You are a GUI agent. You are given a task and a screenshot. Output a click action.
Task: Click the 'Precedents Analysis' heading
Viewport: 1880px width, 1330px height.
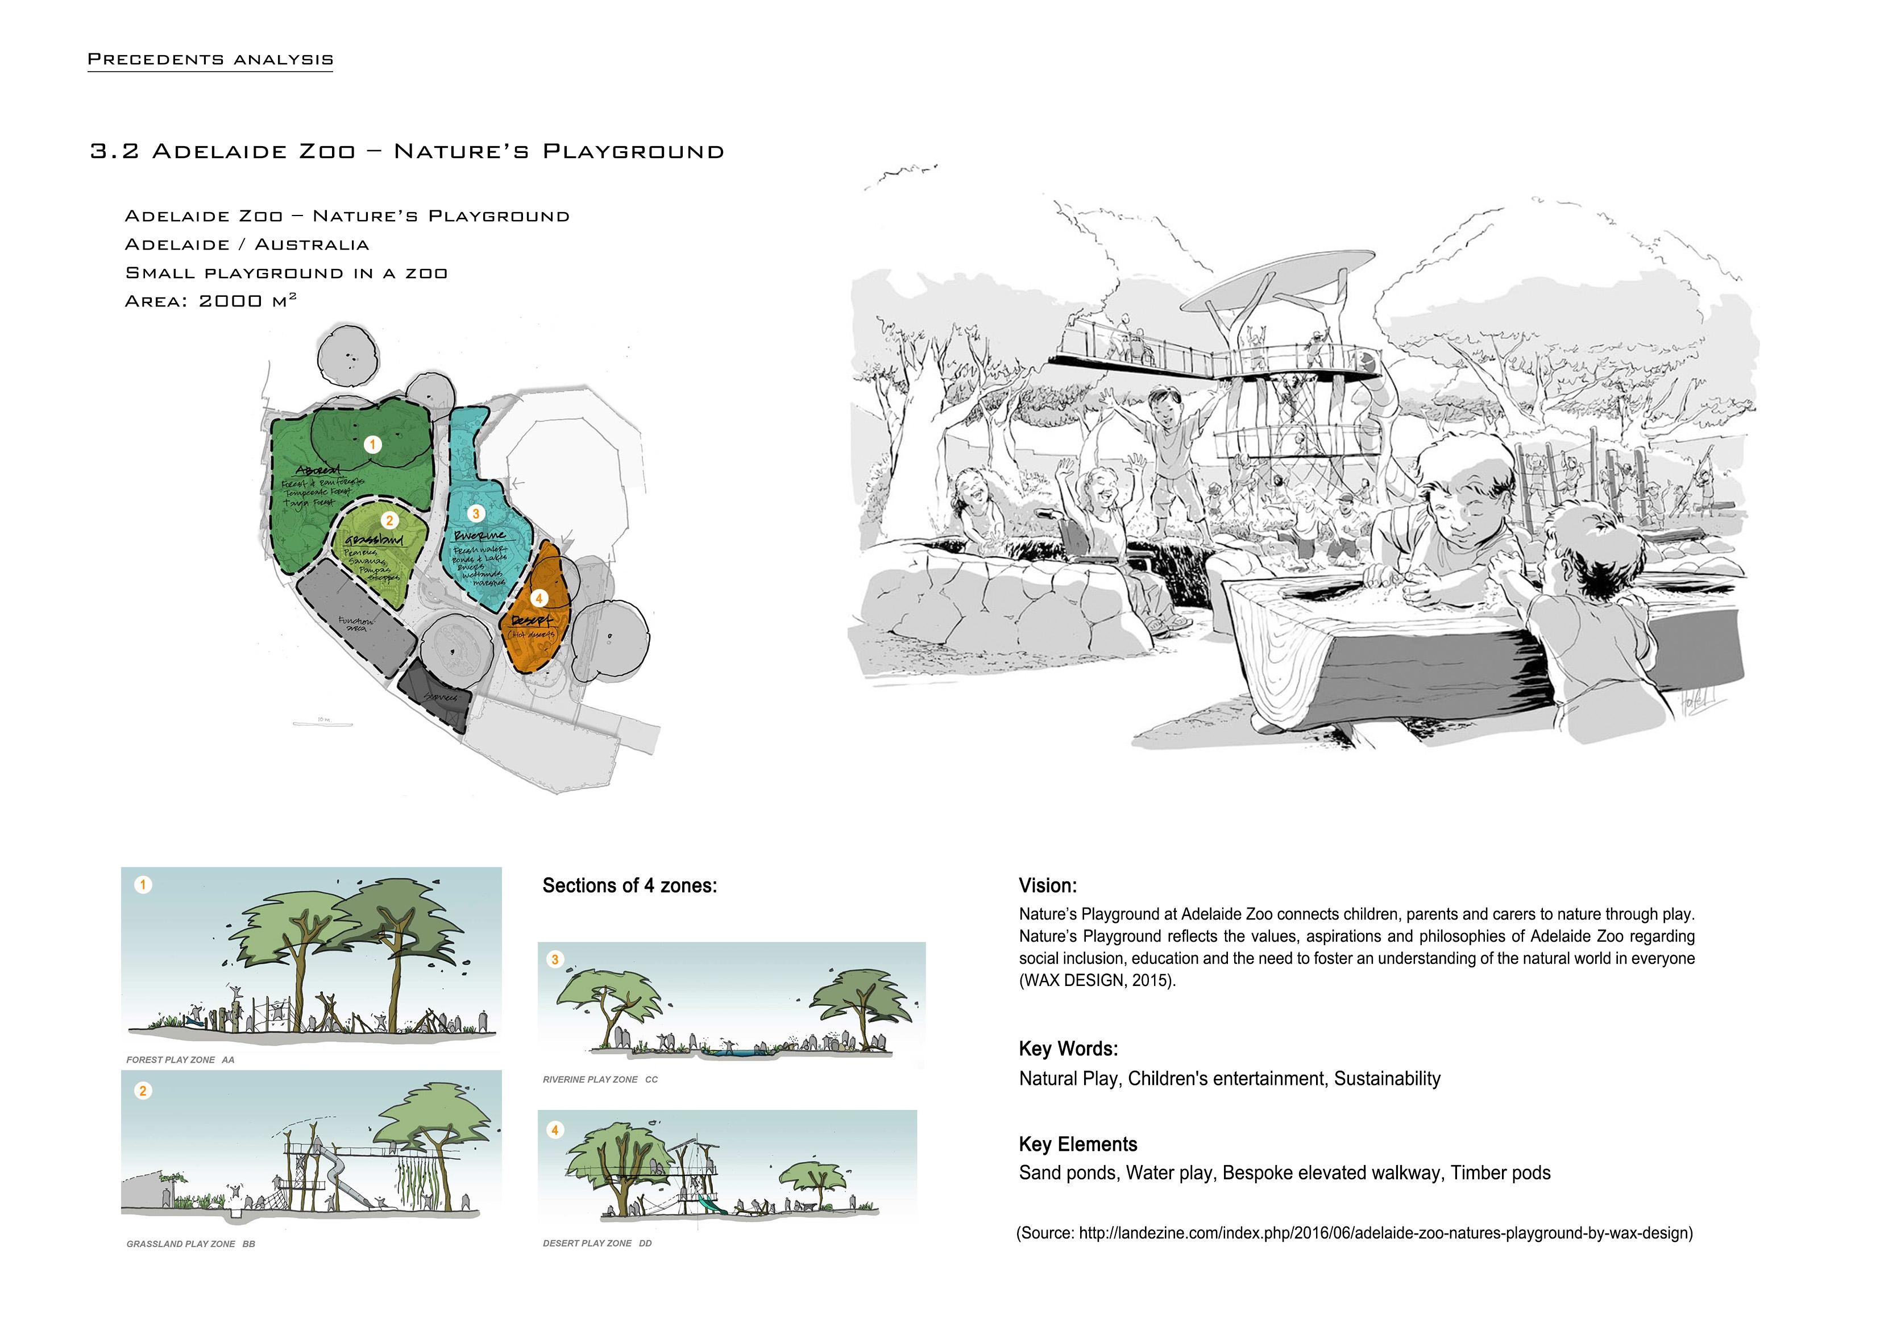[210, 60]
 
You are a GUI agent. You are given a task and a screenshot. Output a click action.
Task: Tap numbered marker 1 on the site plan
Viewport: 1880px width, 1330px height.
[372, 445]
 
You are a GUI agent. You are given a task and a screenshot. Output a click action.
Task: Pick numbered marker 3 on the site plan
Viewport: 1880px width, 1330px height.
[476, 513]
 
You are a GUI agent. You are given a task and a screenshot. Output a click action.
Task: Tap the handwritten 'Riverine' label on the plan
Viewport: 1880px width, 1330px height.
[479, 536]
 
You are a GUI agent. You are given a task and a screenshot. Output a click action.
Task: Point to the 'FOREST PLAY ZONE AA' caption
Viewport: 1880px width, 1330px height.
[180, 1060]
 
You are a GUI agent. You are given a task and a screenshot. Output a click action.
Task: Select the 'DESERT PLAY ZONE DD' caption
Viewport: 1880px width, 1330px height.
[597, 1243]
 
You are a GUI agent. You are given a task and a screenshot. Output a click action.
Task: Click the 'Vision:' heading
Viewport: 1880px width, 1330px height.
[1047, 885]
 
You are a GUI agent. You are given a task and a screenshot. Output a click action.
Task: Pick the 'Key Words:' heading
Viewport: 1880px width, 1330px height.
[1068, 1049]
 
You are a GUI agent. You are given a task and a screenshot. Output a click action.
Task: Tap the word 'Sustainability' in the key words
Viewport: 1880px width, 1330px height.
[1387, 1079]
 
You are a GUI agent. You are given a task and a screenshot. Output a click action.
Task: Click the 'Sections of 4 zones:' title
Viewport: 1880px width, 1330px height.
[630, 885]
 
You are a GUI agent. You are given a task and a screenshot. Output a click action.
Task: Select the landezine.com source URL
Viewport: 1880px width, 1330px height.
[1384, 1233]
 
